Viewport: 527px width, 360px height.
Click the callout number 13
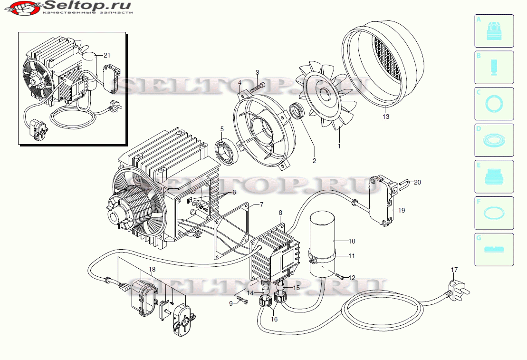386,117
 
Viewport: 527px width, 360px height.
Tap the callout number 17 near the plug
454,270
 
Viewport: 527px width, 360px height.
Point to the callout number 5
221,129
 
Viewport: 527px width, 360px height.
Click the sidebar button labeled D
494,140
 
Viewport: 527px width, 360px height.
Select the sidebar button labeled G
494,249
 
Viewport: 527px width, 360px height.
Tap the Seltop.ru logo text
88,6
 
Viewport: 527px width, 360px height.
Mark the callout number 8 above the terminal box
280,213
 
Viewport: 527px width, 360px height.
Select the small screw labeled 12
339,276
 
